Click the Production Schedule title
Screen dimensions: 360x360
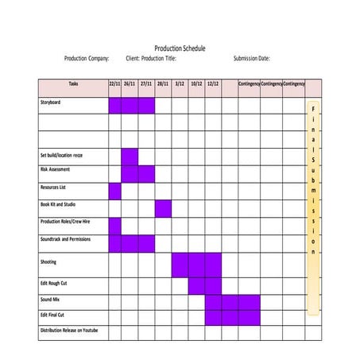pos(179,48)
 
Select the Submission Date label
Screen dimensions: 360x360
pos(251,59)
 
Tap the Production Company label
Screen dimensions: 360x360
pos(87,59)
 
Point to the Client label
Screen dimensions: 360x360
pos(132,59)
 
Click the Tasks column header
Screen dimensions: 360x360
pos(73,83)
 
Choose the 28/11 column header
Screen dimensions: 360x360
pos(163,83)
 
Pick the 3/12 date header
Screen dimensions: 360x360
pos(180,83)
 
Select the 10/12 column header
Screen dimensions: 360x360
pos(196,83)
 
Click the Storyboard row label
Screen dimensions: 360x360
pos(51,103)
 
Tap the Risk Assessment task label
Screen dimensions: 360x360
pos(55,169)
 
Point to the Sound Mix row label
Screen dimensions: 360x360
pos(51,300)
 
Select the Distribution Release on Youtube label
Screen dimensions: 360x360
pos(70,330)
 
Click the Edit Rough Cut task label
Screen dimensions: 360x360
pos(54,284)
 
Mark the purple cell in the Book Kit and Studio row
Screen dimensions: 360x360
pos(163,208)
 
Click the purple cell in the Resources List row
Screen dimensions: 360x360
pos(114,191)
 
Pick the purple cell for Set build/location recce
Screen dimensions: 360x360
pos(130,156)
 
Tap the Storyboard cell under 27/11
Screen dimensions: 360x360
pos(146,105)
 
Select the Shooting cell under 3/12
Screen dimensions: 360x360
pos(180,265)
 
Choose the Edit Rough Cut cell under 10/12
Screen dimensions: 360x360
pos(196,285)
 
